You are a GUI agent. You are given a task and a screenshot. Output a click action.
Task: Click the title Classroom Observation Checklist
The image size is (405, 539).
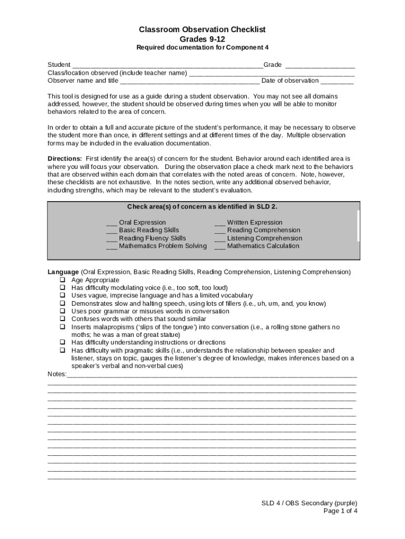coord(202,30)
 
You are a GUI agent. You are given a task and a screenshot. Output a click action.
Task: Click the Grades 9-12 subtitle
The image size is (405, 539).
coord(202,39)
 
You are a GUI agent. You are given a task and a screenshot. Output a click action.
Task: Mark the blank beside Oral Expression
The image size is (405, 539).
coord(112,223)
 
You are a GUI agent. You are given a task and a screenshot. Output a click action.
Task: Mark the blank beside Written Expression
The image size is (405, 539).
coord(220,223)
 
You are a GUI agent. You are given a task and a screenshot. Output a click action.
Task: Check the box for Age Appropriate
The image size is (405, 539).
coord(62,280)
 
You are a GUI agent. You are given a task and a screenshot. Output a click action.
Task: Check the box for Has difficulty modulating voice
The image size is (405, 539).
coord(62,288)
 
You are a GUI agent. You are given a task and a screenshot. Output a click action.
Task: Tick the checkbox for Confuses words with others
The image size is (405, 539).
coord(62,319)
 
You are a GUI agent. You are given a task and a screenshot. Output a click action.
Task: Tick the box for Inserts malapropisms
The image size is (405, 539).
coord(62,327)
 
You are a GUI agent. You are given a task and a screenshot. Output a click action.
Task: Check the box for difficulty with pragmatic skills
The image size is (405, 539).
coord(62,350)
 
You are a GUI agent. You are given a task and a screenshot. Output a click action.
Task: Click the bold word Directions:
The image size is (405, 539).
coord(65,158)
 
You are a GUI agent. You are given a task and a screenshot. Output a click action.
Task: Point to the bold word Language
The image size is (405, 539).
coord(63,272)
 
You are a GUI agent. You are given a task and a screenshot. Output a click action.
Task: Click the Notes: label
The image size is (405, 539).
coord(57,374)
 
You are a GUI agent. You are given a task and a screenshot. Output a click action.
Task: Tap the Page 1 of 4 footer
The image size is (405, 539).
coord(340,511)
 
